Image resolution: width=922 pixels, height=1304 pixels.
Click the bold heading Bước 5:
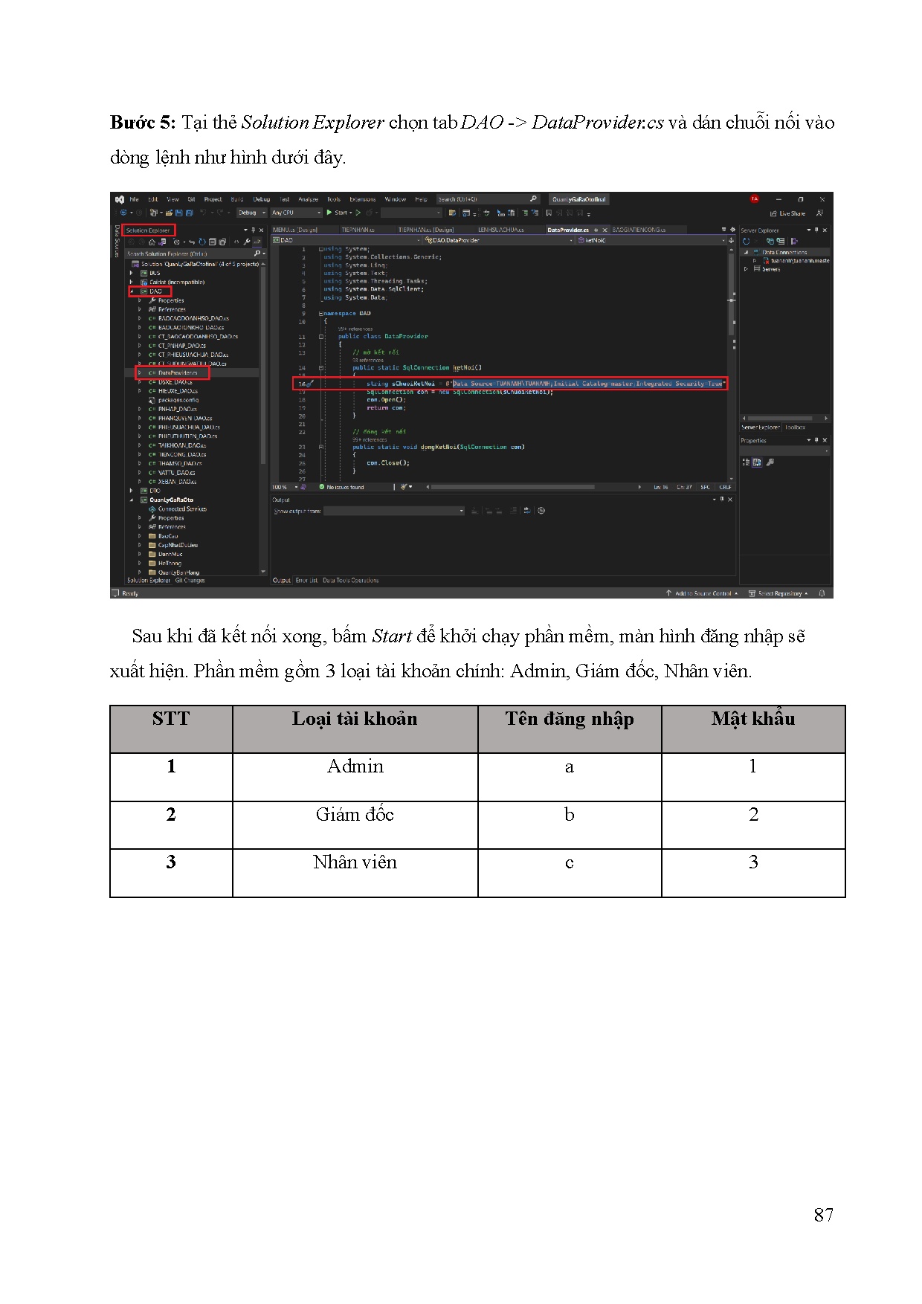(142, 123)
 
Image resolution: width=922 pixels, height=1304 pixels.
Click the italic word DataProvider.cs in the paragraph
(597, 123)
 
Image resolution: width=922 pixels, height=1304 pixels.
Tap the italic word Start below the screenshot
(391, 636)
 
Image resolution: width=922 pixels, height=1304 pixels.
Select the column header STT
(171, 719)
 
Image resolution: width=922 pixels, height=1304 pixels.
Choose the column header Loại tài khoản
(355, 719)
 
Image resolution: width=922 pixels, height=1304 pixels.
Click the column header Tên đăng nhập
(570, 719)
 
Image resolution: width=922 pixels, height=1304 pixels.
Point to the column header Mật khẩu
(753, 719)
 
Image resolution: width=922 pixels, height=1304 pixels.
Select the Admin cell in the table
(355, 766)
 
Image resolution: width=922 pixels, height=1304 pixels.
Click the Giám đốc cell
(355, 815)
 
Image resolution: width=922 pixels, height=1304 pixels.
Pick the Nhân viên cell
(355, 862)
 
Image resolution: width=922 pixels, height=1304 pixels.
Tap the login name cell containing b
(569, 815)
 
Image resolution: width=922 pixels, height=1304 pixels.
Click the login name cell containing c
(569, 862)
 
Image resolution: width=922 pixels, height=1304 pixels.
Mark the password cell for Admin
(752, 766)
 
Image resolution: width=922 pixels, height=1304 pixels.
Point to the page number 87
(823, 1215)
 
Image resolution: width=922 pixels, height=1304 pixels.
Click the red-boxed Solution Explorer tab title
(148, 230)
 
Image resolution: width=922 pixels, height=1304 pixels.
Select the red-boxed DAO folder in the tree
(155, 291)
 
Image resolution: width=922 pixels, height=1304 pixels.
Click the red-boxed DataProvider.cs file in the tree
(177, 373)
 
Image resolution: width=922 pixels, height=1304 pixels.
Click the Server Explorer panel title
(759, 230)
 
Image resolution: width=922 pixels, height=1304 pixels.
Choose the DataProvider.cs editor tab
(567, 230)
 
